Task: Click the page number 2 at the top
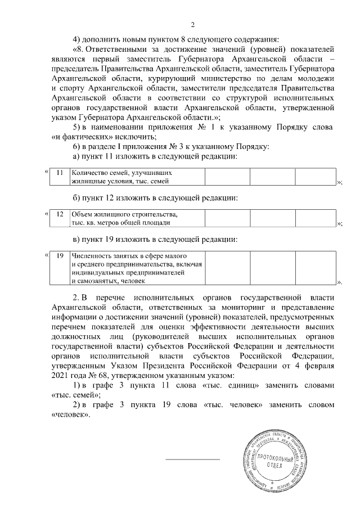(192, 24)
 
